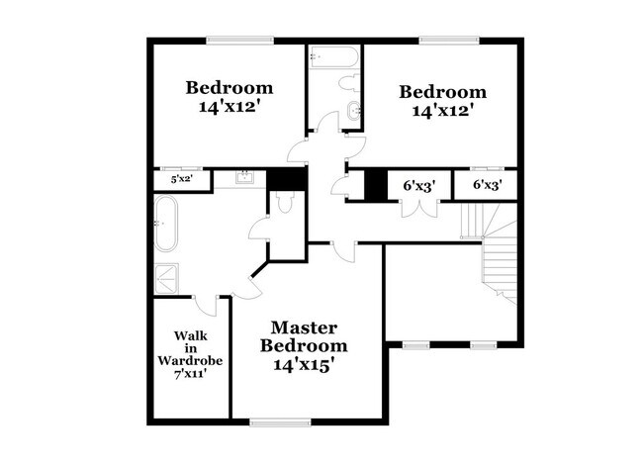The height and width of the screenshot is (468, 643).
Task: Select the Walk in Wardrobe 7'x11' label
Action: pyautogui.click(x=190, y=353)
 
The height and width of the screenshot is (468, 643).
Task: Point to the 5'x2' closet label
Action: pyautogui.click(x=181, y=179)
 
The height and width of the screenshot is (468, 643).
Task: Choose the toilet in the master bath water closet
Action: pyautogui.click(x=284, y=204)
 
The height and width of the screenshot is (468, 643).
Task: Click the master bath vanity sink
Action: pyautogui.click(x=245, y=179)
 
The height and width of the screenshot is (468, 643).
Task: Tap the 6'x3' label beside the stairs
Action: pyautogui.click(x=488, y=184)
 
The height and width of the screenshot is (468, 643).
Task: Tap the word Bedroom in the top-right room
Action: pyautogui.click(x=442, y=93)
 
